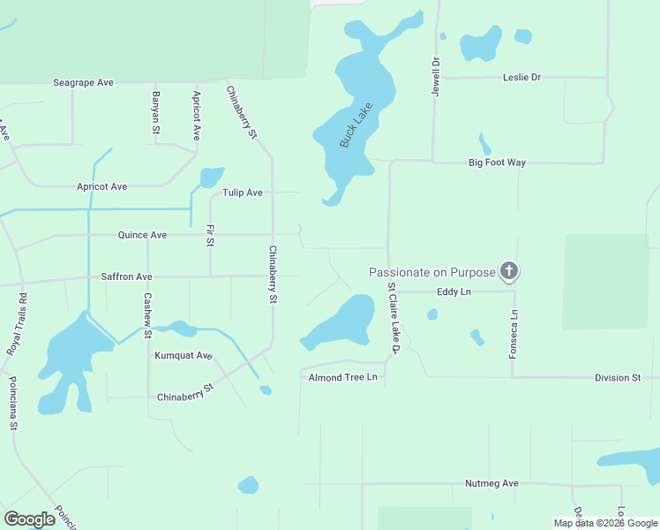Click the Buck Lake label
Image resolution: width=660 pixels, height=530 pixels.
(356, 125)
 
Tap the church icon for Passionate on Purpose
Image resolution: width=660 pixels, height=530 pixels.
(508, 271)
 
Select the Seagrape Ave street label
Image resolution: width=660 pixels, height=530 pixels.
(83, 82)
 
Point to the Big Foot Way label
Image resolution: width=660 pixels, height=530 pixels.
(497, 163)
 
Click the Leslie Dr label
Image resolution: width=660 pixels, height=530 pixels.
(521, 77)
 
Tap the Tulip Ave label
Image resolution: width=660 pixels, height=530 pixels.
(243, 192)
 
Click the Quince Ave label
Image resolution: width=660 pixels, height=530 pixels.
(142, 235)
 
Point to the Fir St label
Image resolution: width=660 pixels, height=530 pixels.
(210, 235)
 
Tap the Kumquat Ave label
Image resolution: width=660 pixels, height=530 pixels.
(184, 355)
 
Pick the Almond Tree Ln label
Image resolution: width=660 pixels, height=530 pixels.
(342, 377)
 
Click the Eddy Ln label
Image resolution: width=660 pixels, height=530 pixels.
(454, 291)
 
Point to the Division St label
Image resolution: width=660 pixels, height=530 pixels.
(617, 378)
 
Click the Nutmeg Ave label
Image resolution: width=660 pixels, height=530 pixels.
(491, 484)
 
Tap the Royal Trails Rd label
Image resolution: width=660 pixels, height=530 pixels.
(17, 324)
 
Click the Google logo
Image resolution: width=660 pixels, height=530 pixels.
(29, 519)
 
